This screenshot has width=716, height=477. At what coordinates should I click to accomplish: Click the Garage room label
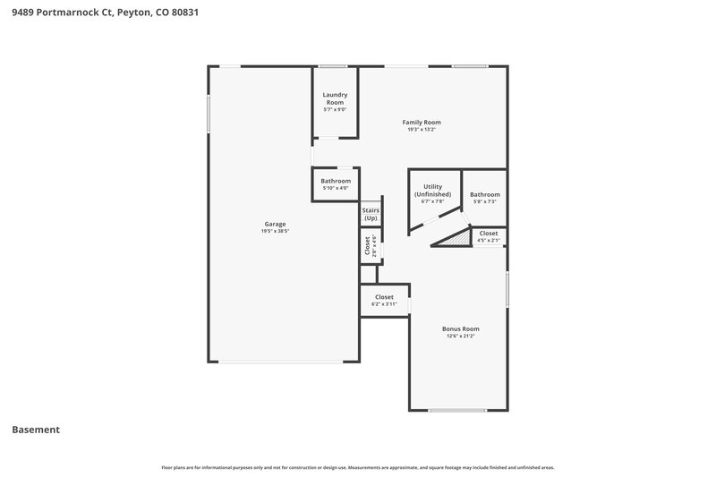[x=275, y=224]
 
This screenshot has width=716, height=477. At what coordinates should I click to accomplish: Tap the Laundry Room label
[x=335, y=98]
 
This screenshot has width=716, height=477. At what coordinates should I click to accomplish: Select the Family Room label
[x=421, y=123]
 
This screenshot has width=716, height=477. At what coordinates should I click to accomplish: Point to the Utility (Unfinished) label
[x=432, y=191]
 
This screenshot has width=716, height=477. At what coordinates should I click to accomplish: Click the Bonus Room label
[x=460, y=328]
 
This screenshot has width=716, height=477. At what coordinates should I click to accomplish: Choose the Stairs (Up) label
[x=371, y=215]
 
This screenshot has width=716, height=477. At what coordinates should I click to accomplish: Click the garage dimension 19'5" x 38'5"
[x=275, y=232]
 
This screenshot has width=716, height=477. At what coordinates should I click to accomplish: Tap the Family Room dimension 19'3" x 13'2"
[x=421, y=130]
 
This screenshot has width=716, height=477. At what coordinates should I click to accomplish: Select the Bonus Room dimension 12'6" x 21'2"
[x=460, y=336]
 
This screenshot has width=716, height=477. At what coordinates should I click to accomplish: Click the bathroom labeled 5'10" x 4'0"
[x=336, y=184]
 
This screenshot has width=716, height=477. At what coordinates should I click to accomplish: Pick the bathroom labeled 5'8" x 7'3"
[x=484, y=198]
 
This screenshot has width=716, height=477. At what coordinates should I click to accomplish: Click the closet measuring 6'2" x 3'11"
[x=384, y=300]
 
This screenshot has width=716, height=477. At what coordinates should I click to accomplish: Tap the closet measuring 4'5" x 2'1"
[x=488, y=236]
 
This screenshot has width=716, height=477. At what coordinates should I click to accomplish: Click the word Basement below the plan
[x=36, y=430]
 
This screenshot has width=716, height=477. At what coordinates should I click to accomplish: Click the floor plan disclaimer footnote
[x=357, y=467]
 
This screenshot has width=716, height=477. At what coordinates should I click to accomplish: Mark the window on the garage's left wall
[x=209, y=114]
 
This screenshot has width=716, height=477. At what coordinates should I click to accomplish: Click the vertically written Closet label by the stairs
[x=367, y=246]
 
